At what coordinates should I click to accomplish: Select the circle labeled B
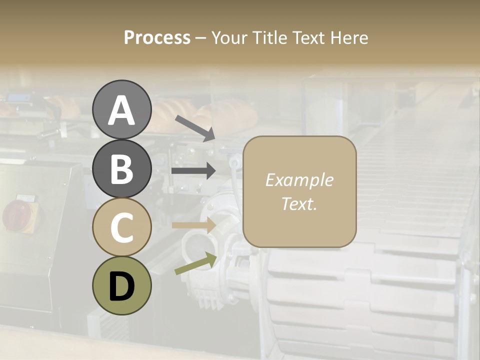[121, 168]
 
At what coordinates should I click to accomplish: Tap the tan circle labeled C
[121, 227]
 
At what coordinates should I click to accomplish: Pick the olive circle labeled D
[121, 285]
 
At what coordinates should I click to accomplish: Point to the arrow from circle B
[193, 170]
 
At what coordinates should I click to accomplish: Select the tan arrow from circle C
[193, 225]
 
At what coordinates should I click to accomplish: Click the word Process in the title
[157, 37]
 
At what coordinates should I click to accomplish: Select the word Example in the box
[299, 180]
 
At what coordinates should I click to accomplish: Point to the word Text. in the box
[299, 203]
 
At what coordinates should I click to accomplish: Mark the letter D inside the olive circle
[121, 286]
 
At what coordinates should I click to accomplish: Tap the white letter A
[121, 110]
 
